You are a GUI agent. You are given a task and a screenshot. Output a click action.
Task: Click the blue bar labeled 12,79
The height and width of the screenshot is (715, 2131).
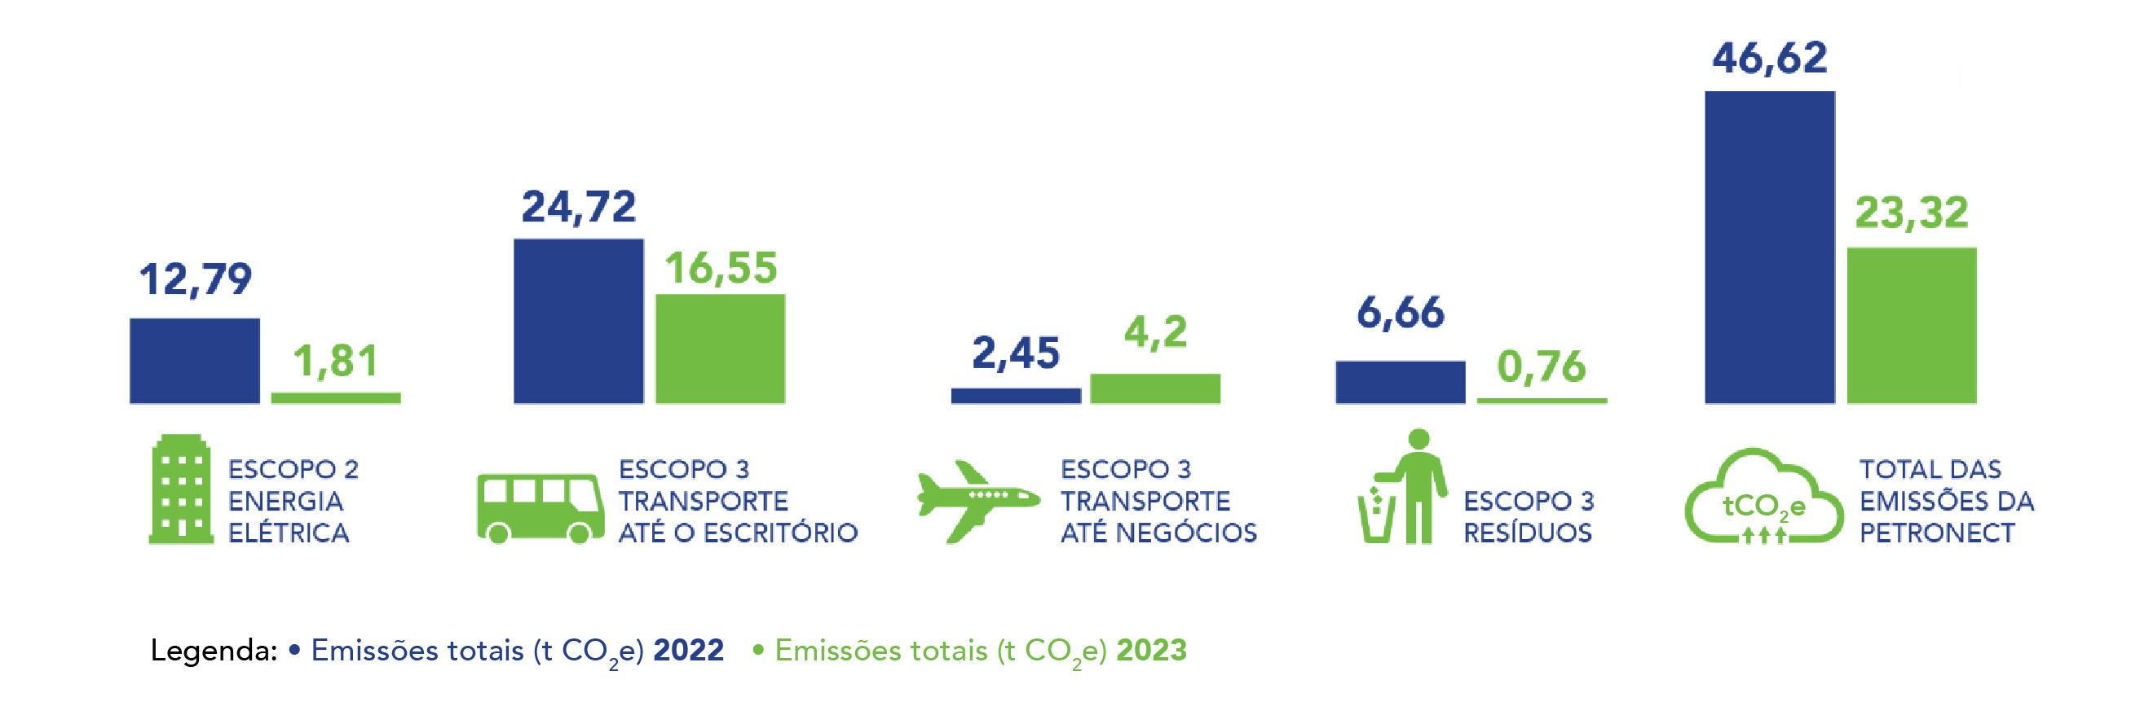pyautogui.click(x=194, y=361)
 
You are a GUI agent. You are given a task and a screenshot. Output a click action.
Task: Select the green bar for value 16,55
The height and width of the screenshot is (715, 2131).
pyautogui.click(x=720, y=348)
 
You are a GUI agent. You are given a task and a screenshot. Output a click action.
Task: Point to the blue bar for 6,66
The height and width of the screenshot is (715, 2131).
pyautogui.click(x=1400, y=381)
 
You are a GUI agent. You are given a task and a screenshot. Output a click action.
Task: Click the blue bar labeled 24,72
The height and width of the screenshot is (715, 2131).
pyautogui.click(x=578, y=321)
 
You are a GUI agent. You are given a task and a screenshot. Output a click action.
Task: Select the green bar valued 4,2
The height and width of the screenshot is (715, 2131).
pyautogui.click(x=1155, y=388)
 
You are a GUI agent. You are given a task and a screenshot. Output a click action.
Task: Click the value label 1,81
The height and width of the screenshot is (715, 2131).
pyautogui.click(x=336, y=362)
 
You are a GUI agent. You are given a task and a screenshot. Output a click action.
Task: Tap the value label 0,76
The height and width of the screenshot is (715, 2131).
pyautogui.click(x=1541, y=366)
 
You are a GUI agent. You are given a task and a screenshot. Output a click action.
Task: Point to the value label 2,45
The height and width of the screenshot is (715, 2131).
pyautogui.click(x=1015, y=353)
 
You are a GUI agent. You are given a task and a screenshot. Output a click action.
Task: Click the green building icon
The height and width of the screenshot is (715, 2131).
pyautogui.click(x=180, y=489)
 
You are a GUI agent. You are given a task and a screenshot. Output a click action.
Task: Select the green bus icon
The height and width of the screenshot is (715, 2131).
pyautogui.click(x=540, y=507)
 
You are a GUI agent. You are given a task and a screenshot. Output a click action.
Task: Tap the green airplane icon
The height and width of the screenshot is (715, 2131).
pyautogui.click(x=976, y=501)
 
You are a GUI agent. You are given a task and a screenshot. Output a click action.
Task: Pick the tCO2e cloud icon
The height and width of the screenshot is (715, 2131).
pyautogui.click(x=1763, y=498)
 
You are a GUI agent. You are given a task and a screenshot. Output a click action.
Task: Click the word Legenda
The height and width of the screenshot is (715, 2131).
pyautogui.click(x=213, y=651)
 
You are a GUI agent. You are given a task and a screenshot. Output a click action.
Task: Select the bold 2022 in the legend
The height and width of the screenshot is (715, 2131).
pyautogui.click(x=688, y=650)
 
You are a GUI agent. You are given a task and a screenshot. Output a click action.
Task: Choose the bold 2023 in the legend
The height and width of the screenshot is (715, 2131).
pyautogui.click(x=1151, y=650)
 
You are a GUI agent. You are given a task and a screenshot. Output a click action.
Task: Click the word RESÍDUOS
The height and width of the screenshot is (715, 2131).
pyautogui.click(x=1527, y=533)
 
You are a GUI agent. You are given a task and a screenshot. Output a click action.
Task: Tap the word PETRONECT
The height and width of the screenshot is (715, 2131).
pyautogui.click(x=1937, y=533)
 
